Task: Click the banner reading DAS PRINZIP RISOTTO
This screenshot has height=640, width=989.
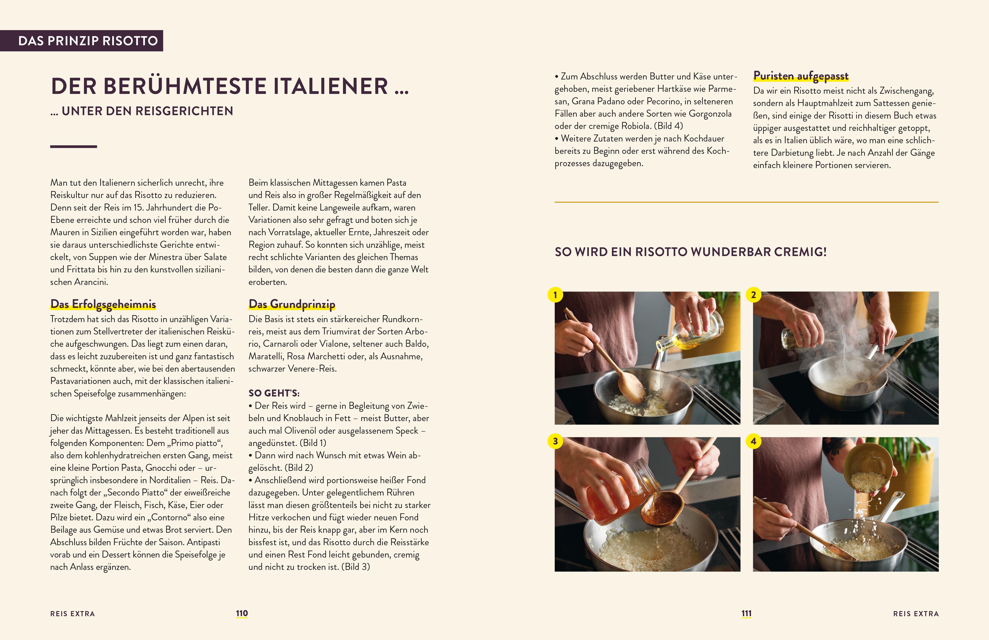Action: click(x=81, y=41)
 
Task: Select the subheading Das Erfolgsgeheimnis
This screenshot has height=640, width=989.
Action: click(x=103, y=304)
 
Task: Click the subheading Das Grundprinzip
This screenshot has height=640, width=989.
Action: click(x=292, y=304)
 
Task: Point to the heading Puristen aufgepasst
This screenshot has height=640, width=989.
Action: click(x=801, y=76)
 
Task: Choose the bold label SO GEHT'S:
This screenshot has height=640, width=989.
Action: click(x=274, y=393)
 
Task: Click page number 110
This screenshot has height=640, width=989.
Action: click(x=242, y=613)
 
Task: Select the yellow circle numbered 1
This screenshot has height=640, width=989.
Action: click(x=555, y=295)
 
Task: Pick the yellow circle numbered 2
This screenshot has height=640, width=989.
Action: click(x=753, y=295)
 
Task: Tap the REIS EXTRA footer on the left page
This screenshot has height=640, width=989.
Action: click(x=73, y=614)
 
